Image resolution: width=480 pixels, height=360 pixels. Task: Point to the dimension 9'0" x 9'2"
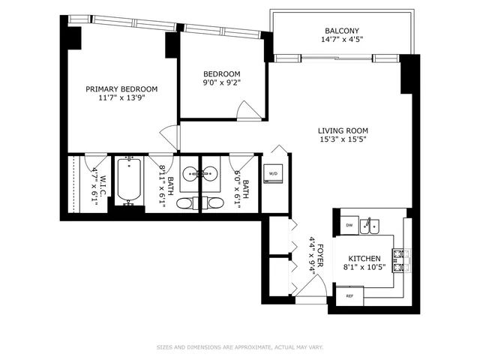(221, 83)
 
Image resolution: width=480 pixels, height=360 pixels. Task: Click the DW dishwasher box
(349, 224)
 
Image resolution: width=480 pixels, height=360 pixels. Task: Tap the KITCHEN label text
(364, 257)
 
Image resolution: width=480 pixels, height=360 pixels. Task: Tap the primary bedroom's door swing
(171, 136)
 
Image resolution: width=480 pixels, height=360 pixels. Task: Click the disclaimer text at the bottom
(240, 347)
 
